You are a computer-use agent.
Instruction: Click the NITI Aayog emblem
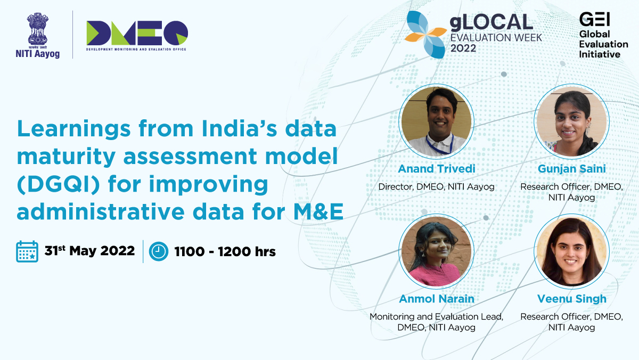tap(38, 30)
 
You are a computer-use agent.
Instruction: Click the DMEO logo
tap(137, 33)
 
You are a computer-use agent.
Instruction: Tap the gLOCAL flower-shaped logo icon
tap(425, 35)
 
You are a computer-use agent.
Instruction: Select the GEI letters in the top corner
tap(594, 19)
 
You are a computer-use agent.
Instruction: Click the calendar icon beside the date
tap(27, 251)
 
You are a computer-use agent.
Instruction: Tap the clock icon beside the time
tap(159, 251)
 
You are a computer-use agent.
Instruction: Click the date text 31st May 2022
tap(89, 251)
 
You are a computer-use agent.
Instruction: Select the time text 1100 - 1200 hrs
tap(225, 251)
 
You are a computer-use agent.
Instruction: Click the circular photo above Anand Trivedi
tap(437, 121)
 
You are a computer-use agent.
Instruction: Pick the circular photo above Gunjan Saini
tap(572, 121)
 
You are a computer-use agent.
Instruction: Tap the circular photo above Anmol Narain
tap(437, 251)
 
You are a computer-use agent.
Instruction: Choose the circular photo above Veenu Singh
tap(572, 251)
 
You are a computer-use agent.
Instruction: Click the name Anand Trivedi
tap(437, 169)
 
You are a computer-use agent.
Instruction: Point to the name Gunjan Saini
tap(572, 169)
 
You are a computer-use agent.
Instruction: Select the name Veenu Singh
tap(572, 299)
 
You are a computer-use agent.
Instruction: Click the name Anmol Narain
tap(437, 299)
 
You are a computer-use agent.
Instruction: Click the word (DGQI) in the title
tap(59, 184)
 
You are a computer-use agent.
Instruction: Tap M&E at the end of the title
tap(318, 211)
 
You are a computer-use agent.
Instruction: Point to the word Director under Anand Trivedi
tap(396, 187)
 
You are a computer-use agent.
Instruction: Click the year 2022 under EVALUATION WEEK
tap(463, 48)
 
